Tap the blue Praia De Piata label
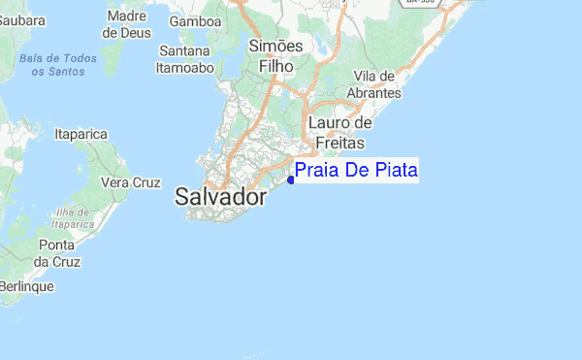coord(356,172)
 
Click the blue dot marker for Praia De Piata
coord(291,180)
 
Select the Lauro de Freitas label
coord(339,133)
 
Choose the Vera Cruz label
coord(130,182)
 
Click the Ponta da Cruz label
coord(55,253)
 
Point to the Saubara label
coord(21,19)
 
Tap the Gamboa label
coord(195,20)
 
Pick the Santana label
coord(184,50)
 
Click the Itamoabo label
coord(184,67)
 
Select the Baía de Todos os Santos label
coord(58,65)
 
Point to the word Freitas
coord(339,143)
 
